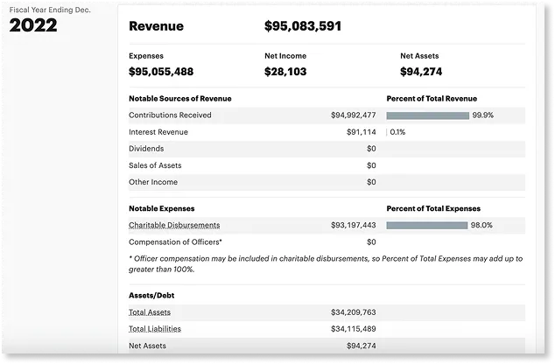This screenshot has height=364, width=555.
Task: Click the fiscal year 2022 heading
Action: (x=33, y=25)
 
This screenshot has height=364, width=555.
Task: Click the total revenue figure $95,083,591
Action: (x=303, y=26)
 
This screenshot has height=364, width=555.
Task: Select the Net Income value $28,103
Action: (x=285, y=72)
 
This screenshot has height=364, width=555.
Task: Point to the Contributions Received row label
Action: (x=170, y=115)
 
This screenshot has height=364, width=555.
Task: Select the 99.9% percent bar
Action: (x=427, y=115)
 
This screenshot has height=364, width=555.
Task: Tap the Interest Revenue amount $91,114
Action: (x=361, y=132)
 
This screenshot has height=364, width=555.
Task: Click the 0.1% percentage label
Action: (x=397, y=132)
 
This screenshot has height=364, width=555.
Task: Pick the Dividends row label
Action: (x=146, y=149)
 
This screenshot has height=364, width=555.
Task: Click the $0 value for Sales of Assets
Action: (x=371, y=165)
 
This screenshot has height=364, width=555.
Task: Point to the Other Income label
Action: (x=153, y=182)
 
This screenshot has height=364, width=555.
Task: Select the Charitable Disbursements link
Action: (x=174, y=225)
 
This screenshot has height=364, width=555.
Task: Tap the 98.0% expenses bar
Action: (x=426, y=225)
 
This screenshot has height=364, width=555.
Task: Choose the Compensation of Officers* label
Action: (x=175, y=241)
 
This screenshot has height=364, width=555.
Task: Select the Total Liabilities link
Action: (x=155, y=329)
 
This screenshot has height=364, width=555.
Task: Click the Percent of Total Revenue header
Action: (x=432, y=98)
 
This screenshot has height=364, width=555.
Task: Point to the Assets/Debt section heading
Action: (x=151, y=295)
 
